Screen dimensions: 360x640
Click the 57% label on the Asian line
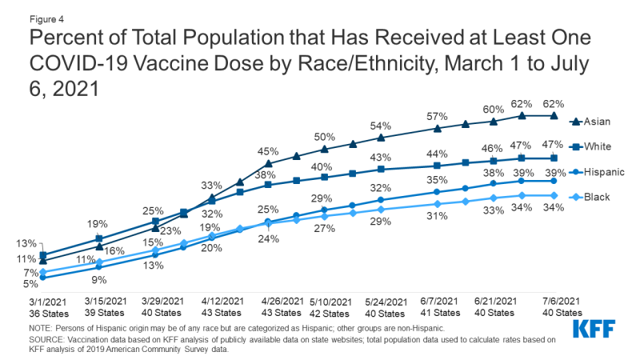(437, 115)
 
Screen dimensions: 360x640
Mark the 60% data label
(493, 109)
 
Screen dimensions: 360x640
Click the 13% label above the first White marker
(25, 244)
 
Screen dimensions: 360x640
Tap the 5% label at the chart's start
(30, 283)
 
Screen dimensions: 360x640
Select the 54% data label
(381, 126)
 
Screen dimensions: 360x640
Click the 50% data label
(324, 137)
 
